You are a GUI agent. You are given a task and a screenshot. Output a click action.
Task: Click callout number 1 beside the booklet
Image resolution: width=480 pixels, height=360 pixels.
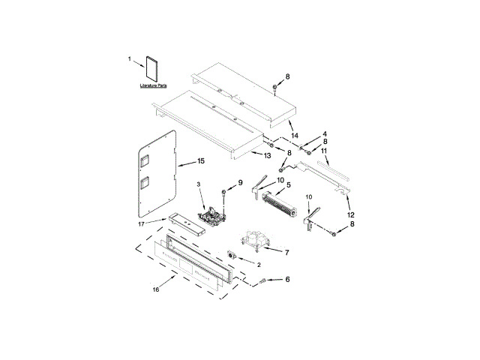tap(129, 58)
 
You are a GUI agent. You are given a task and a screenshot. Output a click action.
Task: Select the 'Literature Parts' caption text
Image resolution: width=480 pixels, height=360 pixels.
tap(153, 87)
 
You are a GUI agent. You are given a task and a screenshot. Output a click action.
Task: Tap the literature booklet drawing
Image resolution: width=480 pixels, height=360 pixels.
tap(152, 69)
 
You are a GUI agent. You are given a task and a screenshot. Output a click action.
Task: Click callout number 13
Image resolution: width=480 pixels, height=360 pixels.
tap(267, 155)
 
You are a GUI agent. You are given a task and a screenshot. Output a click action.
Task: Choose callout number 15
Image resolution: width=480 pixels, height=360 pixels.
tap(201, 161)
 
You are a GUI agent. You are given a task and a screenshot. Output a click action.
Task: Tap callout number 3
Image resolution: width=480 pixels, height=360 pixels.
tap(199, 184)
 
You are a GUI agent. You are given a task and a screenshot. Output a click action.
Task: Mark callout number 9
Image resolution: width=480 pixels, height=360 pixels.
tap(241, 182)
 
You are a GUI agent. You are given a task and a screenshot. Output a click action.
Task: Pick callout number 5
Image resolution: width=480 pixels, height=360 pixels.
tap(288, 184)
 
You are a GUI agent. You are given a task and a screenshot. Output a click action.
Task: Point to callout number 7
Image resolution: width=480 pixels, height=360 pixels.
tap(286, 252)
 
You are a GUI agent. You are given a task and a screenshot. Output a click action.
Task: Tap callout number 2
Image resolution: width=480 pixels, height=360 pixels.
tap(258, 265)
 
